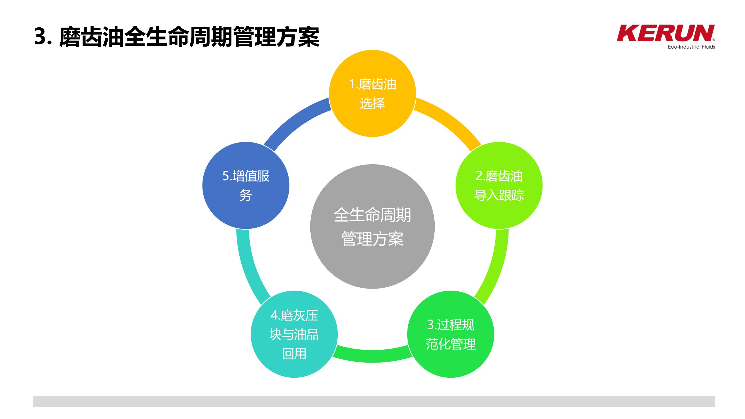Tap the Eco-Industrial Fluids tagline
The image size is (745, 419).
tap(691, 47)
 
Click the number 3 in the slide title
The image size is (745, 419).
tap(41, 37)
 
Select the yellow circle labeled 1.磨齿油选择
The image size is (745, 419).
tap(373, 93)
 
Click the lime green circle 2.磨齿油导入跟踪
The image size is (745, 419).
tap(499, 185)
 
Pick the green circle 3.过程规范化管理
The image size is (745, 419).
tap(451, 334)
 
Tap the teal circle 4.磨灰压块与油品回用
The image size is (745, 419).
tap(294, 334)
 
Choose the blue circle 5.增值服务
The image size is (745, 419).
tap(246, 185)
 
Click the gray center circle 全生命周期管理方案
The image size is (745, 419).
tap(373, 227)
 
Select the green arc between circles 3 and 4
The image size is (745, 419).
tap(373, 356)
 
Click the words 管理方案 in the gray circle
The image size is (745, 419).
tap(373, 239)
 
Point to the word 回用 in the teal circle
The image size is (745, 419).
tap(294, 354)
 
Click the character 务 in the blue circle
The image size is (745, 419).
tap(246, 195)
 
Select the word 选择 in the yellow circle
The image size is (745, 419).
tap(373, 103)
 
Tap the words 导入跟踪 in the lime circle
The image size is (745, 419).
tap(499, 195)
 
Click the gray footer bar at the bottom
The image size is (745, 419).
tap(374, 401)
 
